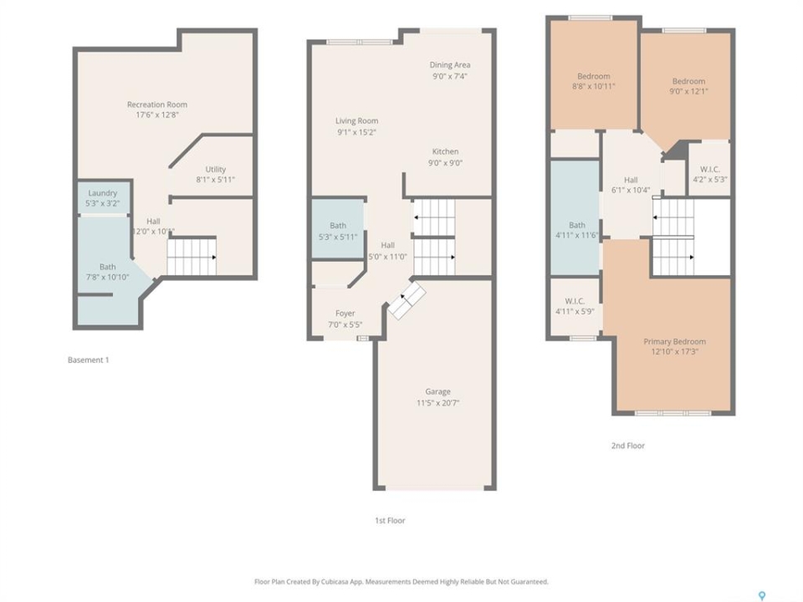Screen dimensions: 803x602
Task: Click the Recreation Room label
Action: [x=157, y=105]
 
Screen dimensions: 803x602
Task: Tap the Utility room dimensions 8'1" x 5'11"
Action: [x=216, y=180]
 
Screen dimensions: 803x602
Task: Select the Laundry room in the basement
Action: [x=102, y=197]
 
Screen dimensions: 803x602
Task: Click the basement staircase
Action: [x=192, y=257]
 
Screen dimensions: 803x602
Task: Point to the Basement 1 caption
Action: [x=88, y=360]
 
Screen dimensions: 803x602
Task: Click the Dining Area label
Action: [x=450, y=65]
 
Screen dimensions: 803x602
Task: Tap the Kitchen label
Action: [x=445, y=151]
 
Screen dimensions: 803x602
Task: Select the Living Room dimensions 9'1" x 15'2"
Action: [x=356, y=132]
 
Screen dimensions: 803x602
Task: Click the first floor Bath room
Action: [x=338, y=229]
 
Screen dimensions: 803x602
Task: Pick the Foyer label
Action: [x=345, y=314]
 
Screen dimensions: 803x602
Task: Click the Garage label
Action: [x=437, y=391]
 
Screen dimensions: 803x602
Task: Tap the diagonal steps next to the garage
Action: [x=407, y=300]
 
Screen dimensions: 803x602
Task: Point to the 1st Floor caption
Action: [x=390, y=521]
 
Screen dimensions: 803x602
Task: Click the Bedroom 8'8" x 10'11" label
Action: [x=594, y=76]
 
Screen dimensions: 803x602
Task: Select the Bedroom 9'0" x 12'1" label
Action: [x=688, y=81]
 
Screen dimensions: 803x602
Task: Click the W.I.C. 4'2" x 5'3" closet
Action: [x=709, y=169]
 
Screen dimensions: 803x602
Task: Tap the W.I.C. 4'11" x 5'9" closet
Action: [x=575, y=306]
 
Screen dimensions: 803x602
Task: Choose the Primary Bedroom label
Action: [x=674, y=341]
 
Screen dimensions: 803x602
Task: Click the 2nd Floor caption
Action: [x=628, y=446]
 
